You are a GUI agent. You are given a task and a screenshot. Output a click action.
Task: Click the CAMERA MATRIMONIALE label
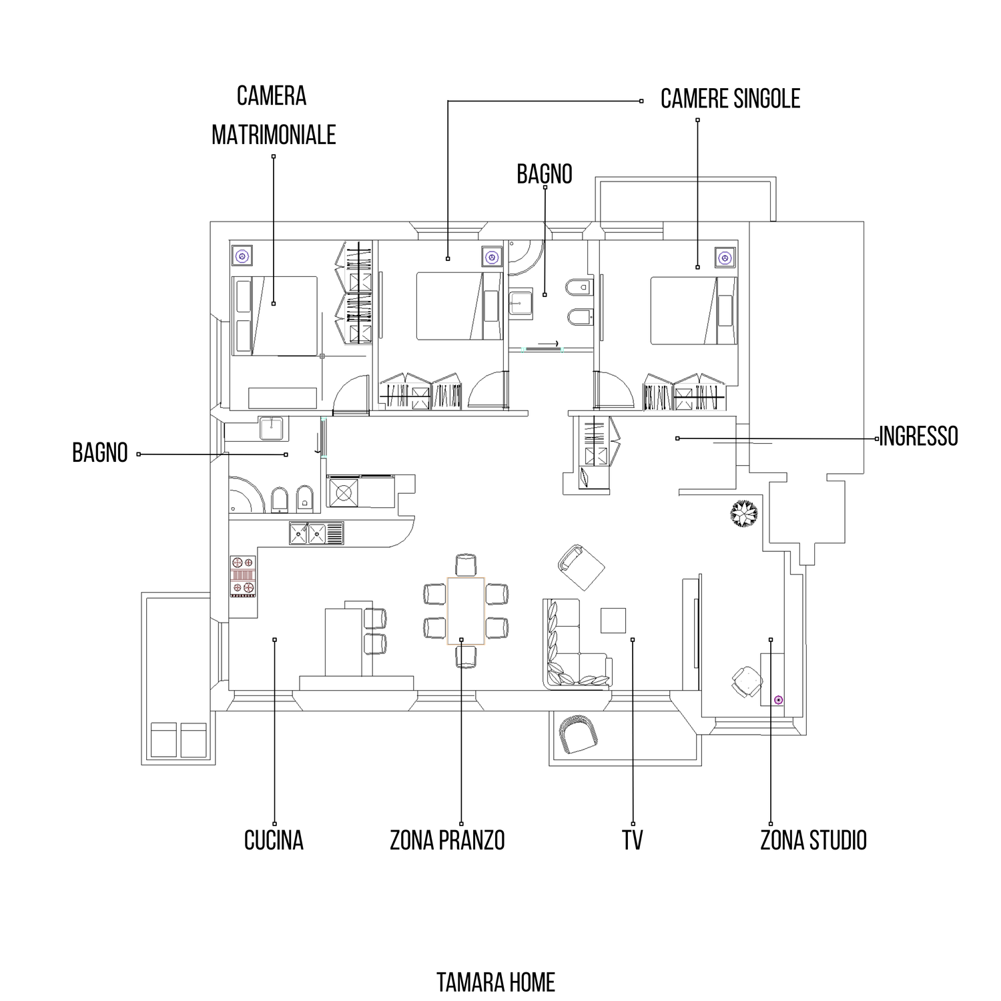[273, 115]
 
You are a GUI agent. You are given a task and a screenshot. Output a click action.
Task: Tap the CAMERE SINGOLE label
[730, 99]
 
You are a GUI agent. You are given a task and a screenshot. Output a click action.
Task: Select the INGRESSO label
[918, 436]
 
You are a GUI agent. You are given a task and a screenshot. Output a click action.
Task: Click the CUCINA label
[274, 840]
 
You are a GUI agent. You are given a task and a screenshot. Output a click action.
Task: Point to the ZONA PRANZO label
[447, 840]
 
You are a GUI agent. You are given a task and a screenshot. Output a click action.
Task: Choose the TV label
[633, 840]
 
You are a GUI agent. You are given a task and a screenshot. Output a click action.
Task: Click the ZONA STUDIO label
[813, 840]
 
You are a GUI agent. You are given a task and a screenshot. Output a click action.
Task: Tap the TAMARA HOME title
[496, 982]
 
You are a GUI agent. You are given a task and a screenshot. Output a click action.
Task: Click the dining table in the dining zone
[465, 611]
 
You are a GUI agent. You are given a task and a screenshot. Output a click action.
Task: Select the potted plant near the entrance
[743, 514]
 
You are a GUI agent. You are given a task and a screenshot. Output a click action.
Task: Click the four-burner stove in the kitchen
[243, 576]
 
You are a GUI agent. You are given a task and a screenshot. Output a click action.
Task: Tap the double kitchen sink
[316, 533]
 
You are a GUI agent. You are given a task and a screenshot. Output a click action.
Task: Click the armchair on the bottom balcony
[579, 733]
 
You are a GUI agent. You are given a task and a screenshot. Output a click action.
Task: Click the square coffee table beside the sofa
[613, 620]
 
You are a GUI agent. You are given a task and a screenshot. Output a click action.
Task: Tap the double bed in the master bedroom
[274, 316]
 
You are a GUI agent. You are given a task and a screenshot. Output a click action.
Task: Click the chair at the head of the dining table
[466, 565]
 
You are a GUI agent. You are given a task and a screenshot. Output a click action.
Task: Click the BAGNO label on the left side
[100, 453]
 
